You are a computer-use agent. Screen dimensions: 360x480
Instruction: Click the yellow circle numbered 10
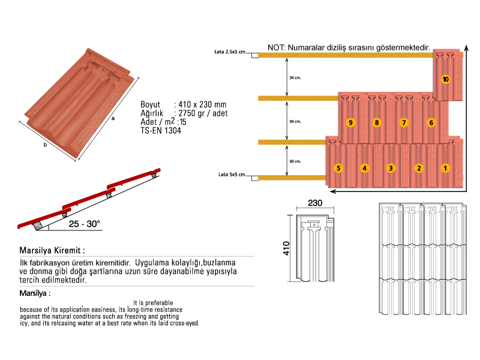445,79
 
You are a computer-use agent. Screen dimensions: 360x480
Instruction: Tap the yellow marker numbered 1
445,168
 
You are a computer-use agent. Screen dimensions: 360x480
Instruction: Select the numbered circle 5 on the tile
338,168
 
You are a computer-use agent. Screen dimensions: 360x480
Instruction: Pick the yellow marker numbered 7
404,123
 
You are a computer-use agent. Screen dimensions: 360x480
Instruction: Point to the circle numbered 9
350,123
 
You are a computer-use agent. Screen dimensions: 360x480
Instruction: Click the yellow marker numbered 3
391,168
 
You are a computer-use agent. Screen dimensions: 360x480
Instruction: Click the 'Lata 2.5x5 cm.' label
230,53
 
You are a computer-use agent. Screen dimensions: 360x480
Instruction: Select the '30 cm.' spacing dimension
295,161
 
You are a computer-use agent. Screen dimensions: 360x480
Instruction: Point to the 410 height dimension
287,248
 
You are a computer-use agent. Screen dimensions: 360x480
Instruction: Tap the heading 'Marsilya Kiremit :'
50,250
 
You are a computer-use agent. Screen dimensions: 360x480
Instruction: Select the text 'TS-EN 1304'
161,130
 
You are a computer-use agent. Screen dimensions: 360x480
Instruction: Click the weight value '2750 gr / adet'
200,113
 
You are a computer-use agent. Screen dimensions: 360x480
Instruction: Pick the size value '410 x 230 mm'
200,104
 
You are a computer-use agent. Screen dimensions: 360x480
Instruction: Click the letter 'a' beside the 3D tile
113,118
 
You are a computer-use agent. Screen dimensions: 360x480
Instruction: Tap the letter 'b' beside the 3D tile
45,145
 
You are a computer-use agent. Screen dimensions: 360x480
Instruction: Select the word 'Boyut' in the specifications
151,104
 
